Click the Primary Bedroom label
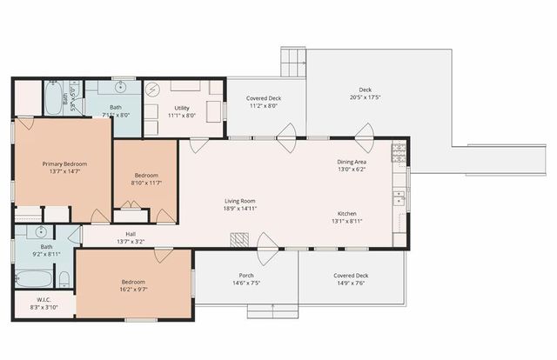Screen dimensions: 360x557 pyautogui.click(x=62, y=163)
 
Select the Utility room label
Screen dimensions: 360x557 pyautogui.click(x=182, y=108)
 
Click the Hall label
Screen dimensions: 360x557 pyautogui.click(x=131, y=234)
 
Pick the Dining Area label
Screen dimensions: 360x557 pyautogui.click(x=352, y=163)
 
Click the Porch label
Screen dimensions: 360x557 pyautogui.click(x=246, y=276)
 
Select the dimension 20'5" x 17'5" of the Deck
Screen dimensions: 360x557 pyautogui.click(x=366, y=97)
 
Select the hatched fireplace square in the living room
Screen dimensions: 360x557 pyautogui.click(x=238, y=238)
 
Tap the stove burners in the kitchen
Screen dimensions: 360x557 pyautogui.click(x=399, y=155)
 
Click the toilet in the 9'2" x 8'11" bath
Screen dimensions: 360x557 pyautogui.click(x=64, y=278)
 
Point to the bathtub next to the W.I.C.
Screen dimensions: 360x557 pyautogui.click(x=33, y=279)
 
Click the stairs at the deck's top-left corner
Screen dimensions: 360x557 pyautogui.click(x=292, y=62)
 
